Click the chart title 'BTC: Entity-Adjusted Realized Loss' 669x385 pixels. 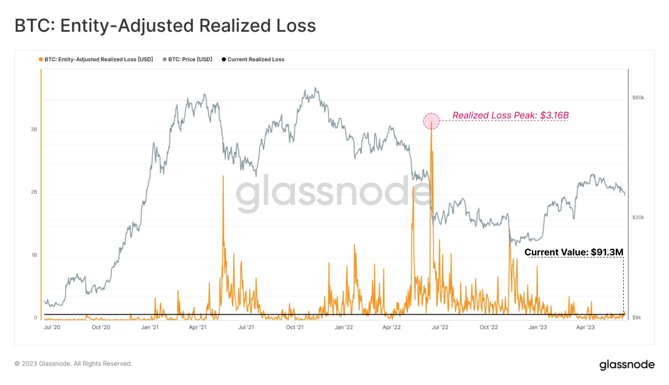pyautogui.click(x=165, y=26)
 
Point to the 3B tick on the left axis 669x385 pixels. pyautogui.click(x=34, y=130)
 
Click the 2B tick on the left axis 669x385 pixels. pyautogui.click(x=34, y=192)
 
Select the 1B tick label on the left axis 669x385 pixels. pyautogui.click(x=34, y=255)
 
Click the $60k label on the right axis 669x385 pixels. pyautogui.click(x=638, y=98)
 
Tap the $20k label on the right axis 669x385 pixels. pyautogui.click(x=638, y=218)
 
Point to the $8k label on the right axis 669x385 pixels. pyautogui.click(x=637, y=318)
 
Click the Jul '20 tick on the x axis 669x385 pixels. pyautogui.click(x=52, y=327)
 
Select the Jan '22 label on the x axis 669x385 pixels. pyautogui.click(x=344, y=327)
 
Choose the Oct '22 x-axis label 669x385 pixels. pyautogui.click(x=489, y=327)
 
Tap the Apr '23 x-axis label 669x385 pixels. pyautogui.click(x=585, y=327)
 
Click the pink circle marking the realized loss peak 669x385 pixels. pyautogui.click(x=431, y=121)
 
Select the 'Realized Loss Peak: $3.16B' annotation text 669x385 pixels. pyautogui.click(x=510, y=115)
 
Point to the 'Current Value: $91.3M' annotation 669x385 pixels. pyautogui.click(x=574, y=252)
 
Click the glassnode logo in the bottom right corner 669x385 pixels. pyautogui.click(x=627, y=365)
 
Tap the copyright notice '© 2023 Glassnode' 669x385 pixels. pyautogui.click(x=73, y=364)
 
